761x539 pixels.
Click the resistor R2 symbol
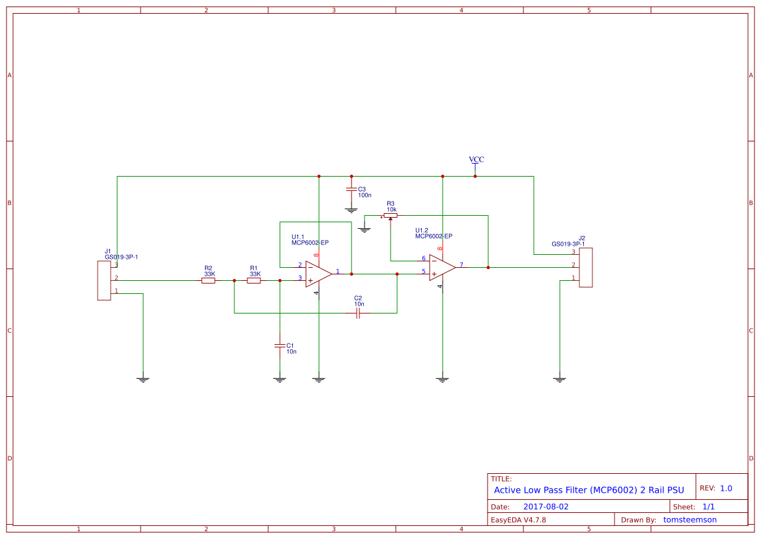coord(208,281)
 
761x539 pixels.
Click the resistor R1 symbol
coord(254,281)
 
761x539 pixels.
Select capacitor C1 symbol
coord(280,345)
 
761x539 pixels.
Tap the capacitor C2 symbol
coord(358,313)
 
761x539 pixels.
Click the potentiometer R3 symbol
coord(391,216)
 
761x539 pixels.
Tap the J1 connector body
coord(104,280)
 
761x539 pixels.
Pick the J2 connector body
coord(586,267)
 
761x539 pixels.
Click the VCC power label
coord(477,160)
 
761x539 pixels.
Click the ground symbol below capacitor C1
coord(280,379)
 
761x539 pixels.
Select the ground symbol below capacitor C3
coord(352,210)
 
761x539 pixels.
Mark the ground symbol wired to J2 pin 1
coord(560,379)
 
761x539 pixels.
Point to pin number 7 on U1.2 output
coord(462,265)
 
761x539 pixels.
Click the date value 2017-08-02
coord(546,506)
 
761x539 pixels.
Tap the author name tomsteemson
coord(689,519)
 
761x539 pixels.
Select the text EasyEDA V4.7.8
coord(518,519)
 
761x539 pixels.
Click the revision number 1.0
coord(726,488)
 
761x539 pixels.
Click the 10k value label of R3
coord(391,209)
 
